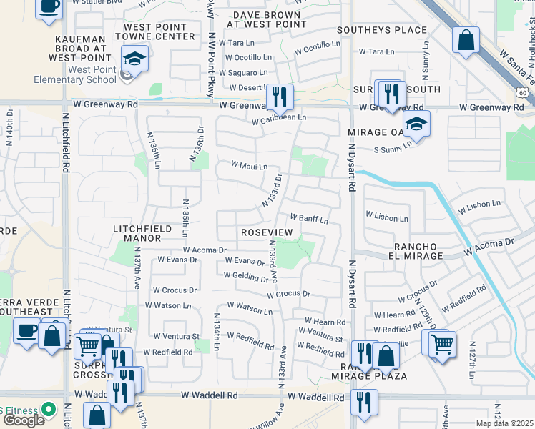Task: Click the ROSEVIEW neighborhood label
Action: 267,233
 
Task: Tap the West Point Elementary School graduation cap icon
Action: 133,59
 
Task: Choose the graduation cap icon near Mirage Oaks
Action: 416,123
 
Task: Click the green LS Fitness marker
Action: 48,410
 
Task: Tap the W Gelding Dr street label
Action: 245,277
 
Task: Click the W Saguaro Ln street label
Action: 243,73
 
